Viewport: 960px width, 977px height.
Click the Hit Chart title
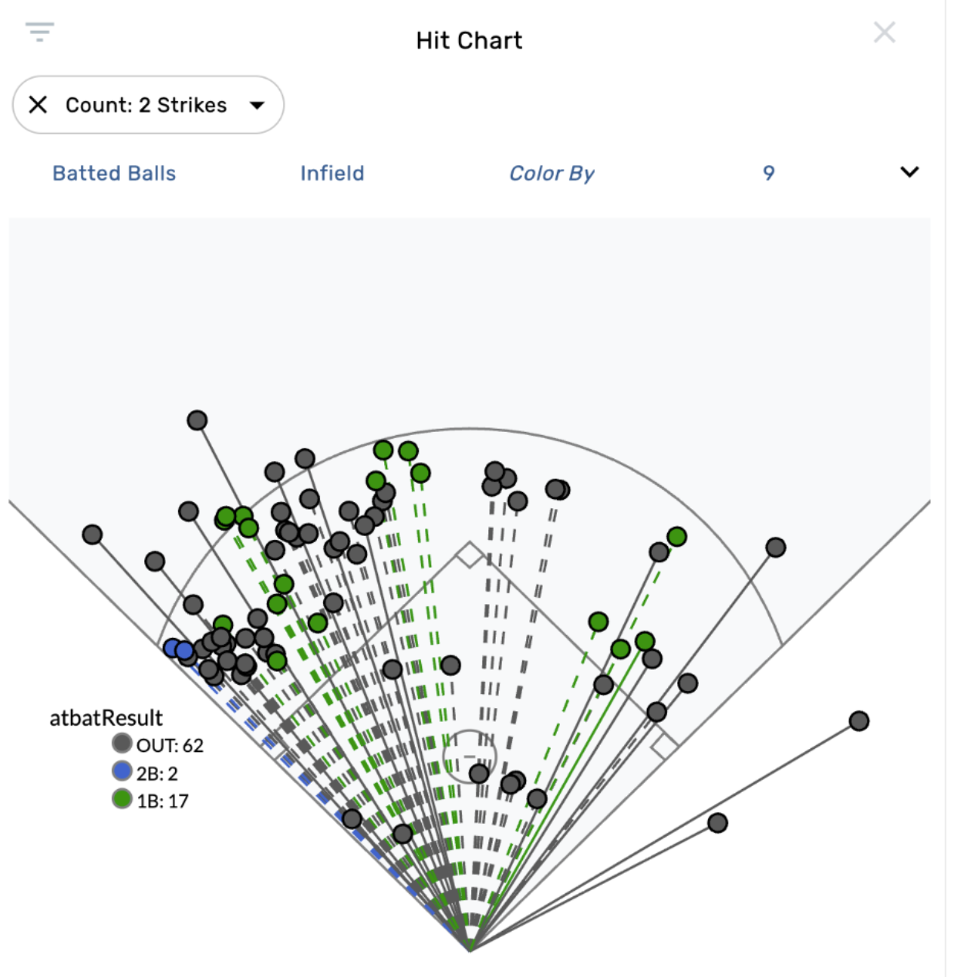point(469,40)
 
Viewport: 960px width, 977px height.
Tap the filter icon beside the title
point(39,32)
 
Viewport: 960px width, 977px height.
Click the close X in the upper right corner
point(884,32)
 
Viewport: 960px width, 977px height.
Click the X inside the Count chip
point(38,105)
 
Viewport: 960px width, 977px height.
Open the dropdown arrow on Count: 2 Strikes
point(257,105)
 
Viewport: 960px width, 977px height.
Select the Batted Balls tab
point(114,174)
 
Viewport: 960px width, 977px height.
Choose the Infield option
point(332,174)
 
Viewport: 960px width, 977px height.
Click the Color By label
point(552,174)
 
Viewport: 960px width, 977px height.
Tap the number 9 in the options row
point(768,174)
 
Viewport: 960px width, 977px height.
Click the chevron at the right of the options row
point(909,172)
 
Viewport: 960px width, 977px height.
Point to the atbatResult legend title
point(106,718)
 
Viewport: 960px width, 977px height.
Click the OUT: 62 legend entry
point(158,745)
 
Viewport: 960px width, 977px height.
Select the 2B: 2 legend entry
point(146,772)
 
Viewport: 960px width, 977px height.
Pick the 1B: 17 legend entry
point(151,800)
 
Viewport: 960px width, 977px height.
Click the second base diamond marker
point(469,555)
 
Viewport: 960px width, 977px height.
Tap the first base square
point(664,746)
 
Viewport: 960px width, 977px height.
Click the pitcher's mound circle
point(469,756)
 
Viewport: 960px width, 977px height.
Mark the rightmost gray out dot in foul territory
point(859,721)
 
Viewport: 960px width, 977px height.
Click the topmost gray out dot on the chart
point(197,421)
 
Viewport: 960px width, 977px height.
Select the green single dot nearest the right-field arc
point(677,537)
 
